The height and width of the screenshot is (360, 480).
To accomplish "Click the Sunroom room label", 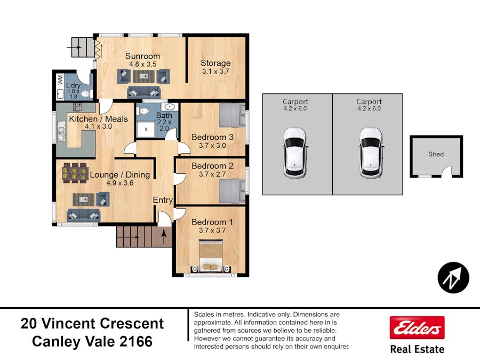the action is click(142, 56).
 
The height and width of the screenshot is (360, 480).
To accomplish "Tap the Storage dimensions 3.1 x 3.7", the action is click(215, 71).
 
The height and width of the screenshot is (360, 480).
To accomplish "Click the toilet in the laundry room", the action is click(86, 94).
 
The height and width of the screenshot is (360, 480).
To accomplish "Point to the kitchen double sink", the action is click(61, 131).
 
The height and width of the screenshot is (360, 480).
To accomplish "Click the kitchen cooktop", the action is click(77, 107).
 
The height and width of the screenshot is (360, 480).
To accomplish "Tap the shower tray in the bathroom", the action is click(146, 129).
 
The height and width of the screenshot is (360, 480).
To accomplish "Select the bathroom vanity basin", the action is click(170, 107).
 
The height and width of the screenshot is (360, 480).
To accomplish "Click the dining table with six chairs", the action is click(74, 173).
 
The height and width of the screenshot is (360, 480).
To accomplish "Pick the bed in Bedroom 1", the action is click(210, 255).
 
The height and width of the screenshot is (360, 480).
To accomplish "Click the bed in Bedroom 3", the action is click(233, 115).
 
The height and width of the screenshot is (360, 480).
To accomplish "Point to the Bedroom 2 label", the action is click(212, 166).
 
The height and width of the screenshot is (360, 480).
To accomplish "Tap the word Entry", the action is click(163, 200).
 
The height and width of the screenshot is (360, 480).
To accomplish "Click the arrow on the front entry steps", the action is click(164, 236).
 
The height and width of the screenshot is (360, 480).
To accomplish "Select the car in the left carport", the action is click(295, 153).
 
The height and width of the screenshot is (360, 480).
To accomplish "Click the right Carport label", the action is click(369, 102).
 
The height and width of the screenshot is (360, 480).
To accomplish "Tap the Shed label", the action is click(436, 154).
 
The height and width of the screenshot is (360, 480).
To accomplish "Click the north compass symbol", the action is click(453, 278).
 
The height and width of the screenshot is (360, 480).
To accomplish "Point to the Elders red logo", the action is click(417, 327).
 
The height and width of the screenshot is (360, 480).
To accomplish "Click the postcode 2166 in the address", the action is click(136, 342).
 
